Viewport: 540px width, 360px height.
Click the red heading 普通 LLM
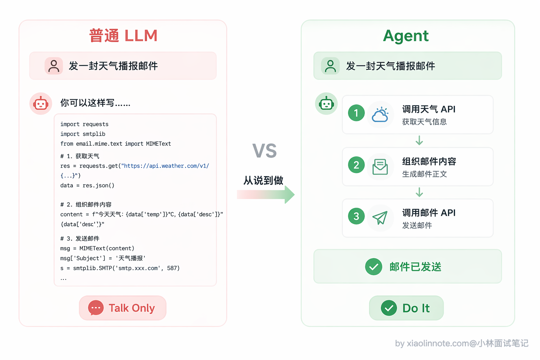point(123,36)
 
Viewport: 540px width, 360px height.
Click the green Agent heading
point(406,36)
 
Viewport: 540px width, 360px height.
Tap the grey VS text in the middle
point(264,151)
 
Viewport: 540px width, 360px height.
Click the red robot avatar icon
point(41,104)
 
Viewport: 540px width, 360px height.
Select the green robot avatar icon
point(326,104)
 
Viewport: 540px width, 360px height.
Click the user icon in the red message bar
point(54,66)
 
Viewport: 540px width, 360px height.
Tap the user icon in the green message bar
point(330,66)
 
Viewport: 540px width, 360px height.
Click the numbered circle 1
point(356,113)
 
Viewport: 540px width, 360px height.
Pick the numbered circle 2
point(356,165)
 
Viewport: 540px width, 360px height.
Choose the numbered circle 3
point(356,216)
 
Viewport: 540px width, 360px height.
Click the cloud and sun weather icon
point(380,114)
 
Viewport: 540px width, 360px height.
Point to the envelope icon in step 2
point(380,167)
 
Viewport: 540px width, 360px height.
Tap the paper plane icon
point(380,218)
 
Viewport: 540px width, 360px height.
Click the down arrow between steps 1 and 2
point(419,140)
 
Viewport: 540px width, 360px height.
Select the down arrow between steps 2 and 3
point(419,192)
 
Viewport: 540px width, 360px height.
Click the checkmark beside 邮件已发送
point(373,266)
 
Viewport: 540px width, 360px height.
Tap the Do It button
point(406,308)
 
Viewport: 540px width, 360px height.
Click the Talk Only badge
point(123,308)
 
